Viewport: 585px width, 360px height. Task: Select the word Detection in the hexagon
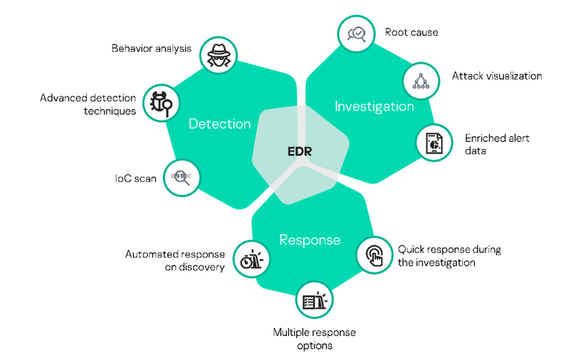219,124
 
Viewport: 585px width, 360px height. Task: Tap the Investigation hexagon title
374,106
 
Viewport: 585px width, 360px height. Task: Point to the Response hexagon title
309,239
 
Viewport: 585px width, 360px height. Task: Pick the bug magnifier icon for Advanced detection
160,103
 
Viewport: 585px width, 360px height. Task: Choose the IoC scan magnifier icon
181,177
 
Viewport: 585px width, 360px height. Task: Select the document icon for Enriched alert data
434,142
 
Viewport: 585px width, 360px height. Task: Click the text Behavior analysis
151,49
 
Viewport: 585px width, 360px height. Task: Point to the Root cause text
412,32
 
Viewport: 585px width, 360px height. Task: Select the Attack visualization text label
497,76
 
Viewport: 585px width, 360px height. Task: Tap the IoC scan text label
135,179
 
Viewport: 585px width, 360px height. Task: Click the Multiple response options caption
314,339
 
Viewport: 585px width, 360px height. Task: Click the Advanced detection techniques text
88,104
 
